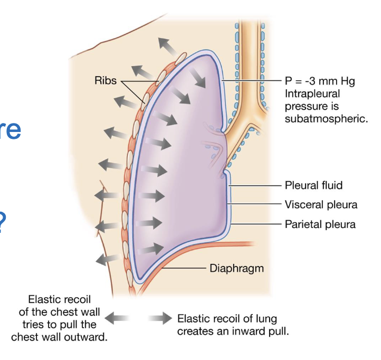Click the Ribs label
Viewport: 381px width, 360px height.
[x=105, y=81]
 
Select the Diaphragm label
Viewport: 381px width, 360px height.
[x=236, y=268]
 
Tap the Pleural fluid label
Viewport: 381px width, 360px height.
[x=313, y=185]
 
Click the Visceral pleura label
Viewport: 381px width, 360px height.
[x=321, y=205]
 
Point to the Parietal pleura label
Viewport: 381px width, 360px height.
[x=320, y=224]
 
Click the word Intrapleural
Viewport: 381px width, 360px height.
[x=312, y=94]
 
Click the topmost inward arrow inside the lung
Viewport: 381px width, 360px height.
[x=198, y=78]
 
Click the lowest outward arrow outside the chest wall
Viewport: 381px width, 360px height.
[x=108, y=258]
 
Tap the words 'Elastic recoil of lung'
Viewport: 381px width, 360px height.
[x=227, y=319]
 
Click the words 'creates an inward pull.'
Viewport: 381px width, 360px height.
[x=233, y=331]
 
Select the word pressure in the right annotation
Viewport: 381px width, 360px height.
[x=304, y=106]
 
